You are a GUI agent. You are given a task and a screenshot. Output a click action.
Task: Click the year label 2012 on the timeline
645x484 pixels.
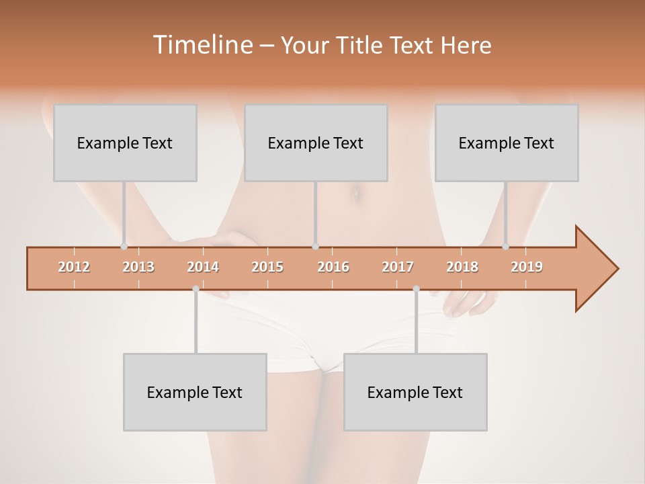click(74, 267)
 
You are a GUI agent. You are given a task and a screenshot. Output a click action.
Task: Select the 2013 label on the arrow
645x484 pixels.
click(138, 267)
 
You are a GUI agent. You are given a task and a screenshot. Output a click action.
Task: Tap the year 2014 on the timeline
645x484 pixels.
click(203, 267)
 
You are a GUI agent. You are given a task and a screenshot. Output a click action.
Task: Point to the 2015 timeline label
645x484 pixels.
click(267, 267)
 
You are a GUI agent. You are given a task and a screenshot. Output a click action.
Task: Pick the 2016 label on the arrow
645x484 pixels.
click(333, 267)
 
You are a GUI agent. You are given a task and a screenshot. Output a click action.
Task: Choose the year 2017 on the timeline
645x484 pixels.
click(398, 267)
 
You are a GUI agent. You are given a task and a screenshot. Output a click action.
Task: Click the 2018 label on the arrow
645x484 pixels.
click(462, 267)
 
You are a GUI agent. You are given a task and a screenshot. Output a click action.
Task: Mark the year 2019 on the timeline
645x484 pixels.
click(527, 267)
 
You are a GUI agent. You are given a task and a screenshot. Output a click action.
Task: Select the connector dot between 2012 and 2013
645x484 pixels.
click(124, 247)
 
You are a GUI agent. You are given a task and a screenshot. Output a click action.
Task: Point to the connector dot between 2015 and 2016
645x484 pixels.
click(315, 247)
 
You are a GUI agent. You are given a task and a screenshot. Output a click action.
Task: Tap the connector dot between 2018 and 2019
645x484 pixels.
click(506, 247)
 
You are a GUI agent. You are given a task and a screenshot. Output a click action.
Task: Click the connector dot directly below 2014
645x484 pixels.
click(196, 289)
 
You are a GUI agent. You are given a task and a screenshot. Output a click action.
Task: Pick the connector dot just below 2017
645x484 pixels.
click(416, 289)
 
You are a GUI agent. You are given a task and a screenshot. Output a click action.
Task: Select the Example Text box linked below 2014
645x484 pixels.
click(195, 392)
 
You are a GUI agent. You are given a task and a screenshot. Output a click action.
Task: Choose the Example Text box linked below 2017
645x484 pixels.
click(415, 392)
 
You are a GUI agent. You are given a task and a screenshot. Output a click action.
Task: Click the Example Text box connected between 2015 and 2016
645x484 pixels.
click(316, 143)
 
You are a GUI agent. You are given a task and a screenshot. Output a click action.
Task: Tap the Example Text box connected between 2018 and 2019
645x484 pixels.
click(507, 143)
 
